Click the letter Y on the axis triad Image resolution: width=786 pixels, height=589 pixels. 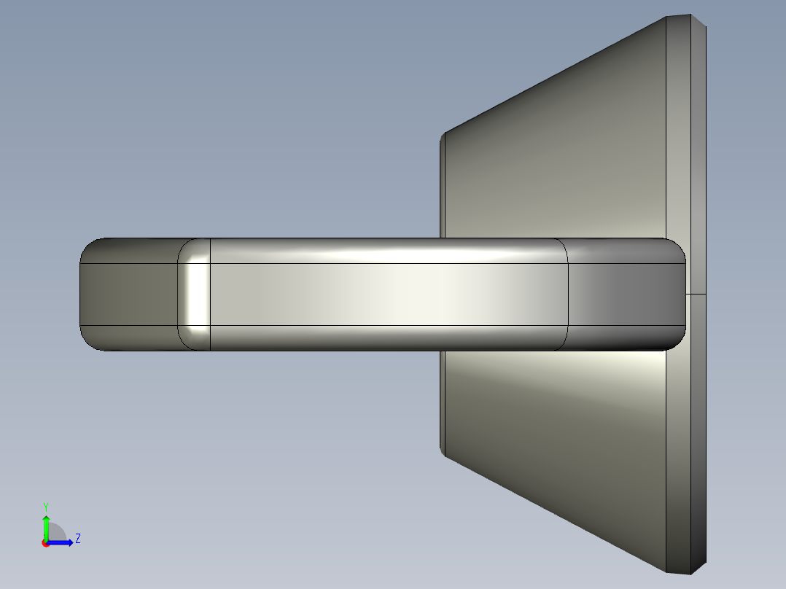(x=45, y=506)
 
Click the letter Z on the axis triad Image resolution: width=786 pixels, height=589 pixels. (x=77, y=539)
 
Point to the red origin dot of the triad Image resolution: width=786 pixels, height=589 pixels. (x=45, y=543)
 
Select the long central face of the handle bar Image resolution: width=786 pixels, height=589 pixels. (x=386, y=294)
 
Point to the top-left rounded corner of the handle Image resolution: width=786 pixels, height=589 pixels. (x=90, y=246)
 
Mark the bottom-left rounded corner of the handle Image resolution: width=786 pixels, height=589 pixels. (x=90, y=342)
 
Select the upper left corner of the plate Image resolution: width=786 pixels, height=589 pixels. (x=443, y=136)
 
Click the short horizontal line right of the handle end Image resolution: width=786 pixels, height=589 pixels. (x=696, y=294)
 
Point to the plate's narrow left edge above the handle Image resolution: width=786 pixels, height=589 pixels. (x=442, y=190)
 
